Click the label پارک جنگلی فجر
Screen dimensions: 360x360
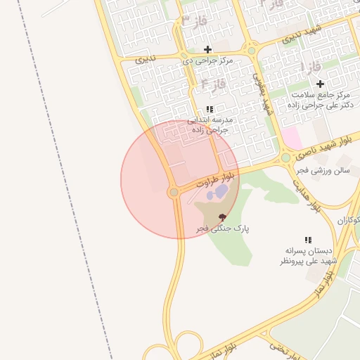pos(223,229)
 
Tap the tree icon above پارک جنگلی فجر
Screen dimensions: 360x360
pos(223,217)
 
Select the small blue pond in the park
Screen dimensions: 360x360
pos(221,191)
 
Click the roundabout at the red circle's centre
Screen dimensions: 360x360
pos(174,191)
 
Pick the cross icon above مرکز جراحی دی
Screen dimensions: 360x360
pos(207,49)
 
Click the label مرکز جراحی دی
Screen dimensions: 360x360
pos(207,60)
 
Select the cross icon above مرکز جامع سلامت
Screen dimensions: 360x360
pos(320,84)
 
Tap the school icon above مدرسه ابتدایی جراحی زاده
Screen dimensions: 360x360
pos(209,109)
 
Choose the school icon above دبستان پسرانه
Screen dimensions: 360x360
pos(308,240)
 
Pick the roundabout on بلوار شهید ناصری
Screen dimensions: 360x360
pos(285,157)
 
